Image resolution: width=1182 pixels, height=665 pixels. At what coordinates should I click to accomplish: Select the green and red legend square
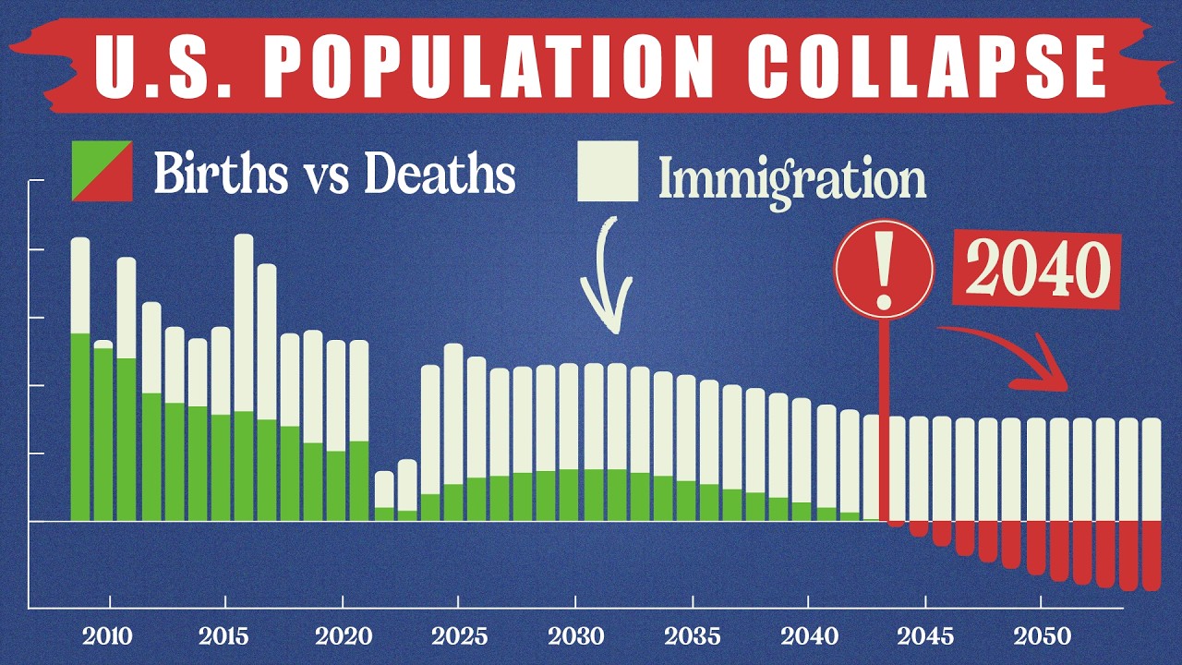pyautogui.click(x=102, y=171)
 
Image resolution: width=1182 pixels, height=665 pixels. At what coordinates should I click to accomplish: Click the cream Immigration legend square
pyautogui.click(x=608, y=171)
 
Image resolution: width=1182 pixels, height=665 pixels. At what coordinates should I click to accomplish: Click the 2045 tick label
pyautogui.click(x=924, y=637)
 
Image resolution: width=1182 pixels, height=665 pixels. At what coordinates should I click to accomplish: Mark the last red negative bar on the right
pyautogui.click(x=1151, y=554)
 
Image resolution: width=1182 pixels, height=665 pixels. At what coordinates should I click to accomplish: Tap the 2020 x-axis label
pyautogui.click(x=343, y=637)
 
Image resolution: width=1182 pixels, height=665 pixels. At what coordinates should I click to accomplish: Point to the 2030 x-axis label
pyautogui.click(x=575, y=637)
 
